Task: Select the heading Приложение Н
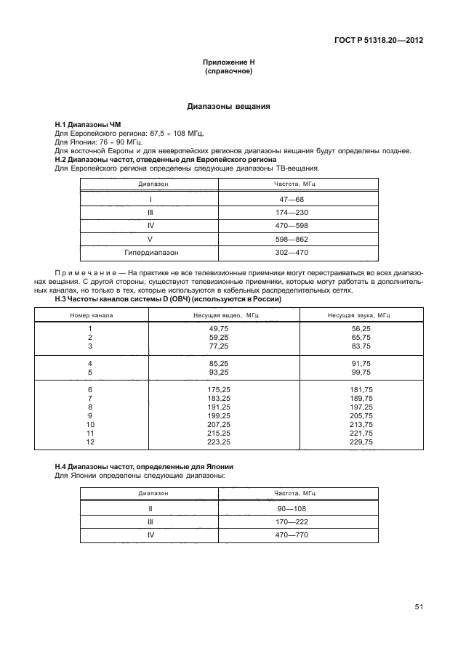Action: pyautogui.click(x=229, y=64)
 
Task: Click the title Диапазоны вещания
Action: pyautogui.click(x=229, y=107)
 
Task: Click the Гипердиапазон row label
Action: pyautogui.click(x=150, y=253)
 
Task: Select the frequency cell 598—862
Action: pyautogui.click(x=295, y=240)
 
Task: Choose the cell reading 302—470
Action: pyautogui.click(x=295, y=253)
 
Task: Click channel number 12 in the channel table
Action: pyautogui.click(x=91, y=441)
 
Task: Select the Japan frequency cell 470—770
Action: pyautogui.click(x=295, y=535)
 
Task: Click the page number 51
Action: pyautogui.click(x=418, y=607)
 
